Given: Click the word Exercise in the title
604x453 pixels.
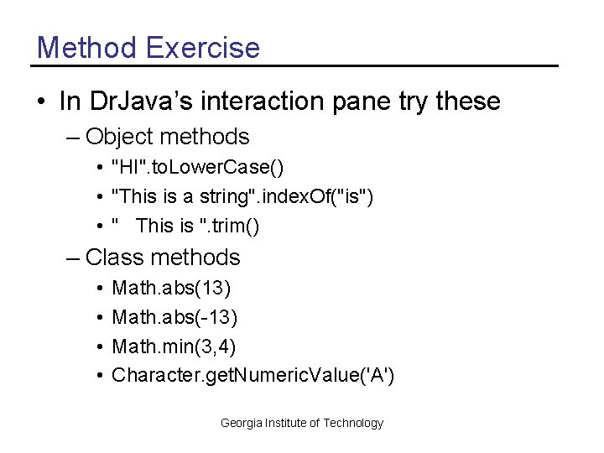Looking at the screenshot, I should [x=203, y=47].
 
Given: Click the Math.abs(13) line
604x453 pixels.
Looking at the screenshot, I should [x=172, y=289].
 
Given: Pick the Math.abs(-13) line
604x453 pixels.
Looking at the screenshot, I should [x=175, y=317].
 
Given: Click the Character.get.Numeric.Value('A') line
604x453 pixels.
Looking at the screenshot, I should [x=253, y=374].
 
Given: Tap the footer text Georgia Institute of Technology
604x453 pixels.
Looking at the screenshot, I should [x=301, y=423].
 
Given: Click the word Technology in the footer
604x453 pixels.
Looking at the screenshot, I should [x=354, y=423].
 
